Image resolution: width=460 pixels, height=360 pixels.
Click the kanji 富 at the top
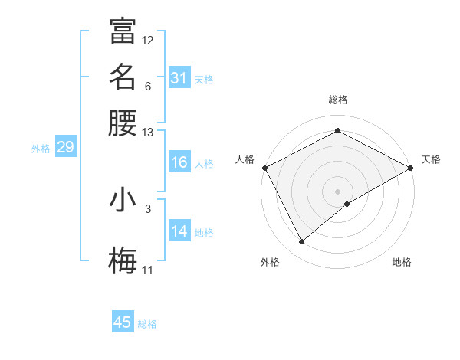[123, 31]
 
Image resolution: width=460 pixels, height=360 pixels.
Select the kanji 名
[123, 77]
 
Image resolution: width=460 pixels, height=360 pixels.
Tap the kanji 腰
[123, 123]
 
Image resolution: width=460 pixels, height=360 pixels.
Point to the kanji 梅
[123, 262]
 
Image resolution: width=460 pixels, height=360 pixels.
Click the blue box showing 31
[179, 78]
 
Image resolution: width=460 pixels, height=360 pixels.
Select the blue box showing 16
[179, 162]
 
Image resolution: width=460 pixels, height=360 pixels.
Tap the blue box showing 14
[179, 231]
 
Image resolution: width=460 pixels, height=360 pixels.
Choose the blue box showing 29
[65, 148]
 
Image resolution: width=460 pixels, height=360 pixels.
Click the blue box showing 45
[123, 322]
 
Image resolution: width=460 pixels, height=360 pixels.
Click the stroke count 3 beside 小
[148, 208]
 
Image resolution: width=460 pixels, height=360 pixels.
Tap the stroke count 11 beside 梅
[148, 270]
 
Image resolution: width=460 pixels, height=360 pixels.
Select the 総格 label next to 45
[147, 324]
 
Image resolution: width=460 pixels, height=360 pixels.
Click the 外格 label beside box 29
[41, 149]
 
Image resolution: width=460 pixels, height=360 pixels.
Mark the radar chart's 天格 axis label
[431, 159]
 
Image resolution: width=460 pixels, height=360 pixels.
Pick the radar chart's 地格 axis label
[402, 262]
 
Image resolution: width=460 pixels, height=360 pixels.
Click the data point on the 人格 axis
[264, 168]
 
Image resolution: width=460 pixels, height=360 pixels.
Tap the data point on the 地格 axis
[347, 204]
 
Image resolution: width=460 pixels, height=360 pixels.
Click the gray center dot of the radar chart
[337, 191]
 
